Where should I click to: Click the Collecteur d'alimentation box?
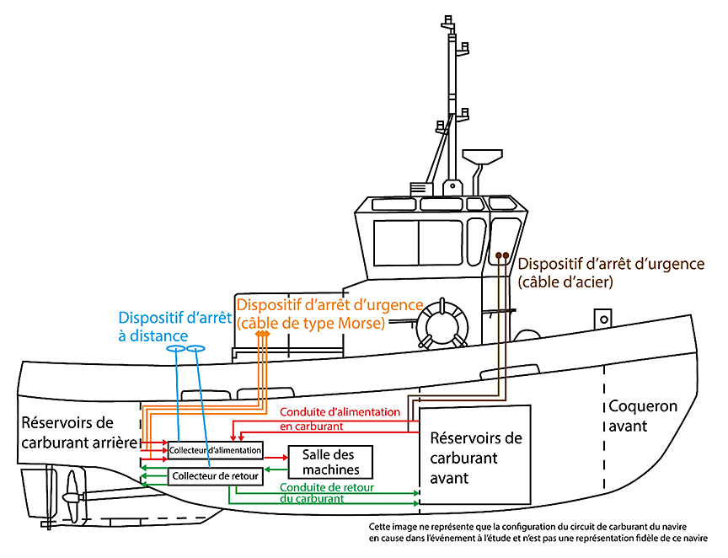tap(216, 450)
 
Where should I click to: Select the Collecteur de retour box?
tap(216, 477)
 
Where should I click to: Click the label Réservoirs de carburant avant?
tap(475, 458)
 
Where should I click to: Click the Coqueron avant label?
tap(642, 416)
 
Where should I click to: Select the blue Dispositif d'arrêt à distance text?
tap(165, 327)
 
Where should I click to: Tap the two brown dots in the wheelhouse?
tap(501, 255)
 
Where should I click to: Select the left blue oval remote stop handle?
tap(176, 349)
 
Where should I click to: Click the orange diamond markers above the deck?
tap(262, 335)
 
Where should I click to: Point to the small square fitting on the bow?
tap(602, 318)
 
